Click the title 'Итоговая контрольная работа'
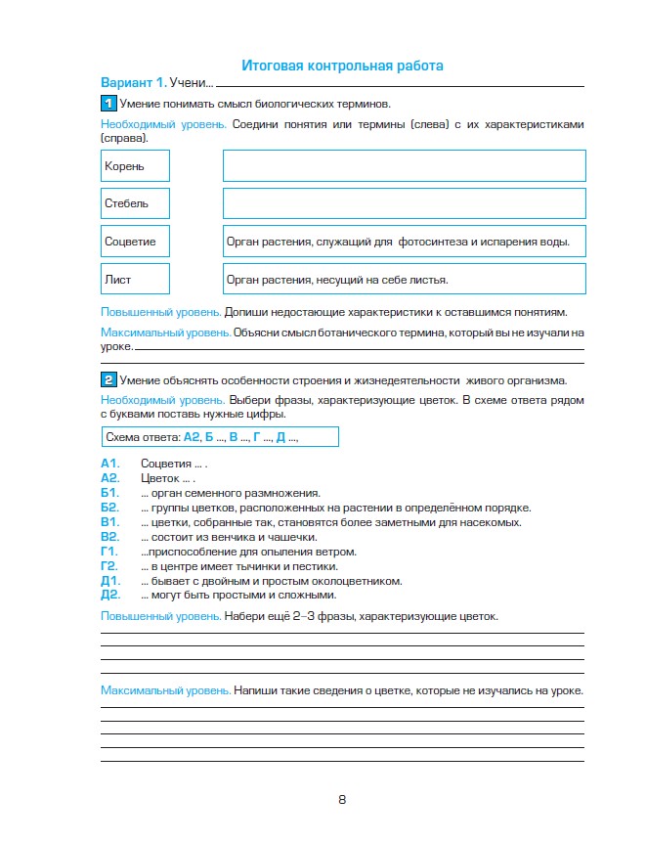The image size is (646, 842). (x=342, y=66)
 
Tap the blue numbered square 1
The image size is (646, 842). (x=108, y=104)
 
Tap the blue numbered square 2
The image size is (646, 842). (x=108, y=380)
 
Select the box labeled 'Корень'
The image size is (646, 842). (x=135, y=165)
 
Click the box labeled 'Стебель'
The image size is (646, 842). (x=135, y=203)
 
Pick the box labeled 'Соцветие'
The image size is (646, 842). (x=135, y=241)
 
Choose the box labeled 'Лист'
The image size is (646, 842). (x=135, y=279)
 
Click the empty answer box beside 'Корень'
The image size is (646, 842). (x=404, y=165)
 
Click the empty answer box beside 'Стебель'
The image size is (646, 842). (x=404, y=203)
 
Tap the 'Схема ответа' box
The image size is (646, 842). (x=219, y=436)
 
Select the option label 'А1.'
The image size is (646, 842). (x=109, y=464)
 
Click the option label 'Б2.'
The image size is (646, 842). (x=109, y=508)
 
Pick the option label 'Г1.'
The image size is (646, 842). (x=109, y=552)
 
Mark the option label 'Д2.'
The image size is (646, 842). (x=109, y=595)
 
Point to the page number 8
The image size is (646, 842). (x=342, y=799)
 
